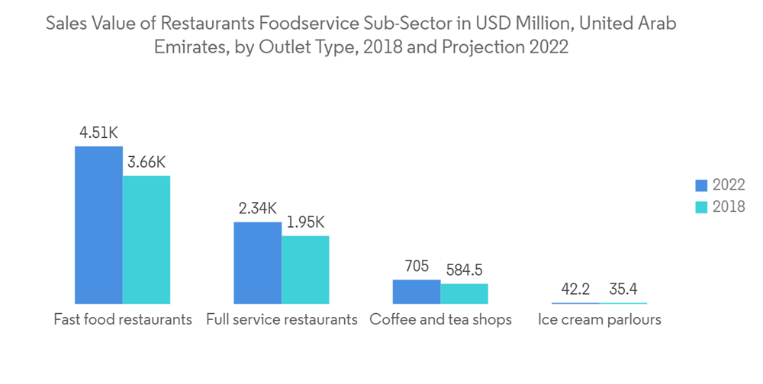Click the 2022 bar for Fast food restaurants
tap(98, 225)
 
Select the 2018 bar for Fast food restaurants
tap(146, 239)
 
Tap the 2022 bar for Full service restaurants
tap(257, 263)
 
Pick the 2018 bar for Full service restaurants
tap(305, 270)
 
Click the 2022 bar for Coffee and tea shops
tap(417, 292)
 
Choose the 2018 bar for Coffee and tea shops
tap(464, 294)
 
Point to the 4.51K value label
tap(99, 133)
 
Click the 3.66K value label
tap(146, 162)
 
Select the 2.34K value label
tap(258, 208)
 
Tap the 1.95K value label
tap(306, 222)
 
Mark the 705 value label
tap(417, 267)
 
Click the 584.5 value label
tap(464, 270)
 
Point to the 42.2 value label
tap(575, 290)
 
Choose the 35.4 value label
tap(623, 290)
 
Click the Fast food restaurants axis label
tap(123, 319)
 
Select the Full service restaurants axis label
tap(282, 319)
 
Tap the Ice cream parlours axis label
tap(599, 319)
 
